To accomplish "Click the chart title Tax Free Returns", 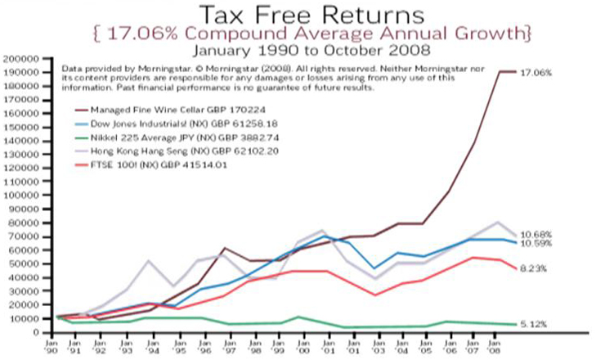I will [302, 15].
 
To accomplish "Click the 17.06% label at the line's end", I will [536, 73].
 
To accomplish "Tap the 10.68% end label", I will [536, 235].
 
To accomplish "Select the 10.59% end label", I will [536, 244].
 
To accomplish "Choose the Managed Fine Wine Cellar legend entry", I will [160, 110].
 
